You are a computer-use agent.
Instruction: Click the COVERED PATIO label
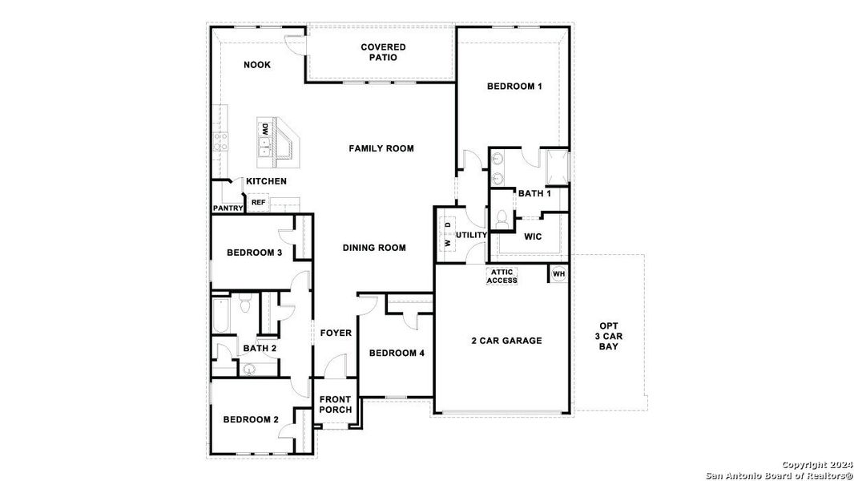click(383, 53)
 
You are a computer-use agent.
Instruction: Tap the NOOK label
click(257, 65)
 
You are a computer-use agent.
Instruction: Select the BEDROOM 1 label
click(514, 87)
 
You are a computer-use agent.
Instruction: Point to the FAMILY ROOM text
click(381, 148)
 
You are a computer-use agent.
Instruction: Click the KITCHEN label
click(266, 182)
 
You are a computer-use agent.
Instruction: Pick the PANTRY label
click(228, 208)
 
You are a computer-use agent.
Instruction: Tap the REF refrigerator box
click(258, 203)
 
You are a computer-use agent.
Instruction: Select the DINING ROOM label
click(374, 248)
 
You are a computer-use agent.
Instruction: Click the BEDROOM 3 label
click(254, 253)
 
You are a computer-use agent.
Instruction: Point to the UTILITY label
click(471, 235)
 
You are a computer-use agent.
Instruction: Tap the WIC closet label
click(533, 237)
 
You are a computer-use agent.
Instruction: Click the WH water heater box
click(558, 274)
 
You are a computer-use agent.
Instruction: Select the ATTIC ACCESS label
click(502, 276)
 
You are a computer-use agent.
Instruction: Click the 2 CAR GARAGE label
click(506, 341)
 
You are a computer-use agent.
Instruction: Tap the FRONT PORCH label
click(335, 405)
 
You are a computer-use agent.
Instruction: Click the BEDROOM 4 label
click(397, 354)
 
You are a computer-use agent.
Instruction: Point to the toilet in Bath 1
click(503, 218)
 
